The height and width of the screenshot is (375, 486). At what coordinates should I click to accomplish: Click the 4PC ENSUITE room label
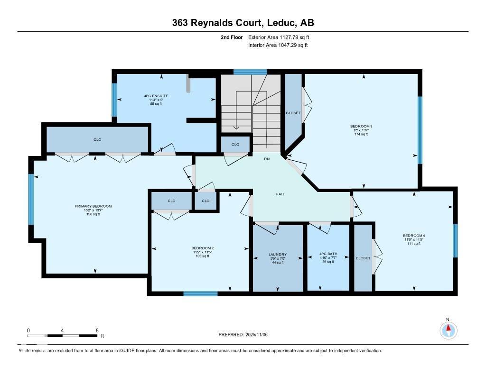tap(156, 96)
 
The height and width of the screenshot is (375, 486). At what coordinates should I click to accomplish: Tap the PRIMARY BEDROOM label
tap(93, 206)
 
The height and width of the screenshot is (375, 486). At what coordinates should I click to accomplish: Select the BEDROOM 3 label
tap(361, 126)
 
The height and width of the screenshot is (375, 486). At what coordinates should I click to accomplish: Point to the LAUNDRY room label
tap(278, 255)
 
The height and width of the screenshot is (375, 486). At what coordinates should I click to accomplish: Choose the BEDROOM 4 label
tap(413, 236)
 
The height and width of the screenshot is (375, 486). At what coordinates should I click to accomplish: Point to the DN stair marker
tap(267, 159)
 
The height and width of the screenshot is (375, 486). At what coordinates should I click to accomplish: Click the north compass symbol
tap(448, 329)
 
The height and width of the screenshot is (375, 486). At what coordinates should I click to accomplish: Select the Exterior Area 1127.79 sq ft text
tap(279, 37)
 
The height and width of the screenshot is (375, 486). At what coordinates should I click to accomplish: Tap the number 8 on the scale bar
tap(97, 330)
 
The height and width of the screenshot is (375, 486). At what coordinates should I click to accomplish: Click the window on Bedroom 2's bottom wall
tap(200, 293)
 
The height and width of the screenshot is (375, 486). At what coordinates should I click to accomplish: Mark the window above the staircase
tap(250, 72)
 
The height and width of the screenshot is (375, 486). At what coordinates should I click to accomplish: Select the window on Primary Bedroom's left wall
tap(31, 199)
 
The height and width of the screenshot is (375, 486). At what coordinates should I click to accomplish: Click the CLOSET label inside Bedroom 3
tap(293, 113)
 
